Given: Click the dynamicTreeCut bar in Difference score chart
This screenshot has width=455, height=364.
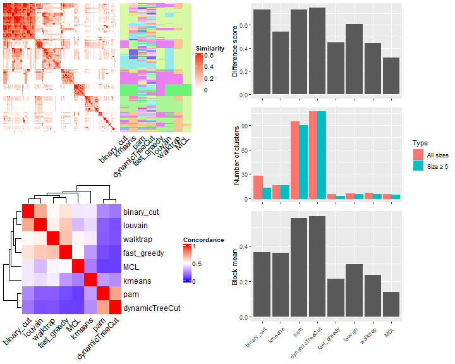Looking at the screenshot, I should click(317, 51).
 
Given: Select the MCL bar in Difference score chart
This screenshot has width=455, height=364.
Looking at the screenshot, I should click(391, 76).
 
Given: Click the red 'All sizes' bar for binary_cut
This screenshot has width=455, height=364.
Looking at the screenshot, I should click(258, 188).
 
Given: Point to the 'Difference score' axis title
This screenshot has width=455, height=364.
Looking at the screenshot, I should click(234, 51).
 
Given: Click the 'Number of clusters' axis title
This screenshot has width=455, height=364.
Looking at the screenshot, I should click(238, 154).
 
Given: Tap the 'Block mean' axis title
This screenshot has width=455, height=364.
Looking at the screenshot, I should click(234, 264).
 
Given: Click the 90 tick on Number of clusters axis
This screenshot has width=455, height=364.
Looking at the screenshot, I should click(244, 126).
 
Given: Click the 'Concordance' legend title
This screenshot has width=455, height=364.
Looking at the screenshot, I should click(203, 240).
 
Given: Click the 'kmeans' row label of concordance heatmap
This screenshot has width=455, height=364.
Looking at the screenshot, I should click(138, 280).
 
